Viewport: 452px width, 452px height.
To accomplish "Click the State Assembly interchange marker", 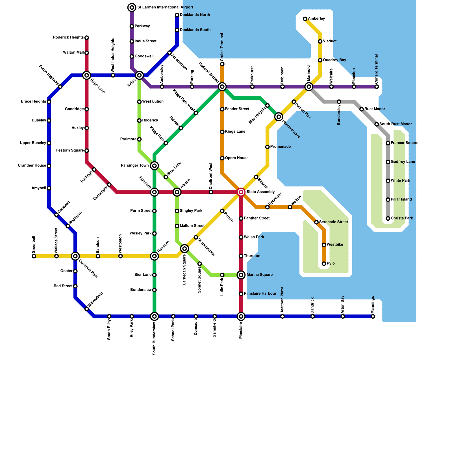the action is point(241,192).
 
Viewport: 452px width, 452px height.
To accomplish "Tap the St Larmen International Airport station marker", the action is point(132,7).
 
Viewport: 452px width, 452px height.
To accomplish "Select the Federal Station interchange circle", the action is point(222,87).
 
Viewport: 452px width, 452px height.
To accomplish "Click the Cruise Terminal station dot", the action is point(222,64).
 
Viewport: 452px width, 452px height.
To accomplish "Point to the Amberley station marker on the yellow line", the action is point(305,19).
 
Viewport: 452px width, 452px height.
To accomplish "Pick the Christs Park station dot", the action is point(388,219).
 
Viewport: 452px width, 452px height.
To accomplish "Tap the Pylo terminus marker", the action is point(324,264).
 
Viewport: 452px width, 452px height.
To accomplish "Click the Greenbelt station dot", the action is point(34,256).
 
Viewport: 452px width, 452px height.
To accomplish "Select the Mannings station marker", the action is point(373,316).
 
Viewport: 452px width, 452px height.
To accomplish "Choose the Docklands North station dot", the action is point(177,15).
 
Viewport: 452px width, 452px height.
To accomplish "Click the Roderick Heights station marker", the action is point(87,38).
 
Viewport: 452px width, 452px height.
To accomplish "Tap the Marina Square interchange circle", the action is point(241,275).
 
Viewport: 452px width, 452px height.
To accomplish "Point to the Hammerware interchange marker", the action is point(279,117).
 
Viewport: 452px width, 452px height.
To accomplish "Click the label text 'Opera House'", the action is point(237,158).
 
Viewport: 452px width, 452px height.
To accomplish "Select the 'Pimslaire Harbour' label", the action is point(260,294).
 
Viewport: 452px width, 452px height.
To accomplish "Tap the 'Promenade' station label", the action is point(280,147).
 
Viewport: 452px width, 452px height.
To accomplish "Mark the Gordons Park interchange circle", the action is point(75,256).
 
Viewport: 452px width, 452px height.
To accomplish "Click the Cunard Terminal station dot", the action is point(377,87).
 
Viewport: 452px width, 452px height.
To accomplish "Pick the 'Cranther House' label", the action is point(32,166).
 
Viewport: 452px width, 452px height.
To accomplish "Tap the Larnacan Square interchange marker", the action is point(184,249).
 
